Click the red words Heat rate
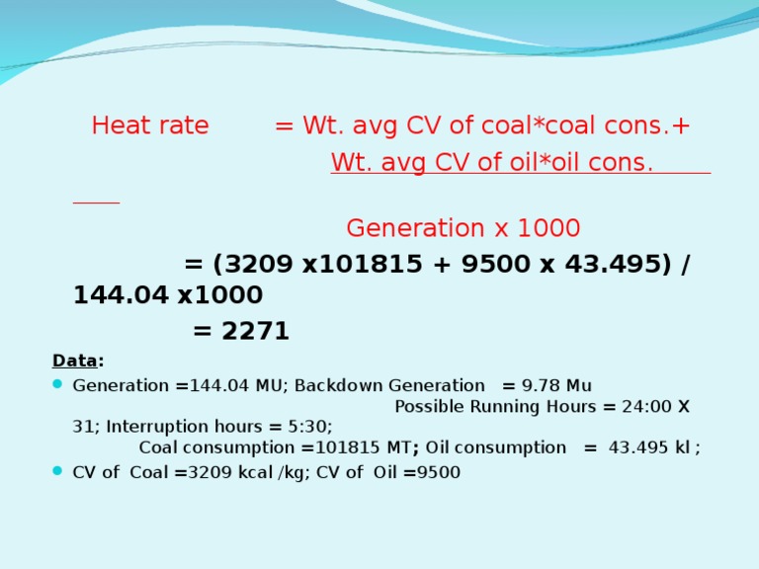(150, 126)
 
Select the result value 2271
(255, 332)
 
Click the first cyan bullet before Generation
(58, 385)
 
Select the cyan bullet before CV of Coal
(58, 472)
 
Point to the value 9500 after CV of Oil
(439, 472)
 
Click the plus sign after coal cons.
(682, 126)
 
